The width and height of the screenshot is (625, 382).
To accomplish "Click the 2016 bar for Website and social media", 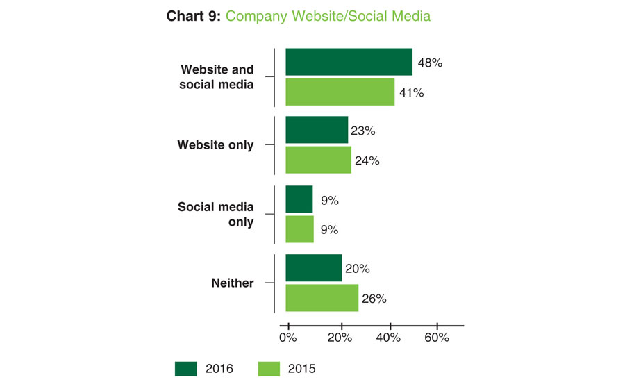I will pyautogui.click(x=349, y=62).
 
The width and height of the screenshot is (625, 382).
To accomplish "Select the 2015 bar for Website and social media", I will pyautogui.click(x=340, y=92).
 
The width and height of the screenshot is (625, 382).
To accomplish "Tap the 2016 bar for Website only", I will pyautogui.click(x=317, y=130).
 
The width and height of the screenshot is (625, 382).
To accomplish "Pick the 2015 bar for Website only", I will pyautogui.click(x=318, y=160).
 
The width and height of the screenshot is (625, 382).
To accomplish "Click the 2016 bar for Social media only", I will pyautogui.click(x=299, y=199).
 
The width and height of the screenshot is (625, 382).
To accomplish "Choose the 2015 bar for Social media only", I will pyautogui.click(x=299, y=229).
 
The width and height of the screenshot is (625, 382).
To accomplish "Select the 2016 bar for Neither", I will pyautogui.click(x=313, y=268).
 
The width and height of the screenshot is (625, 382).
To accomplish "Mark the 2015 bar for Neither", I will pyautogui.click(x=322, y=298).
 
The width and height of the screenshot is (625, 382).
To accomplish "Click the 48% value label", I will pyautogui.click(x=430, y=63).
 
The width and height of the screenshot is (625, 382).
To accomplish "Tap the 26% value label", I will pyautogui.click(x=373, y=299).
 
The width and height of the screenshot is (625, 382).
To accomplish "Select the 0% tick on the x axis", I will pyautogui.click(x=287, y=338).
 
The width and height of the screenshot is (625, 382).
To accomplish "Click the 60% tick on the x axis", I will pyautogui.click(x=437, y=338).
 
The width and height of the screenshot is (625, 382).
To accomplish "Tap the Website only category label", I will pyautogui.click(x=216, y=145).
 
